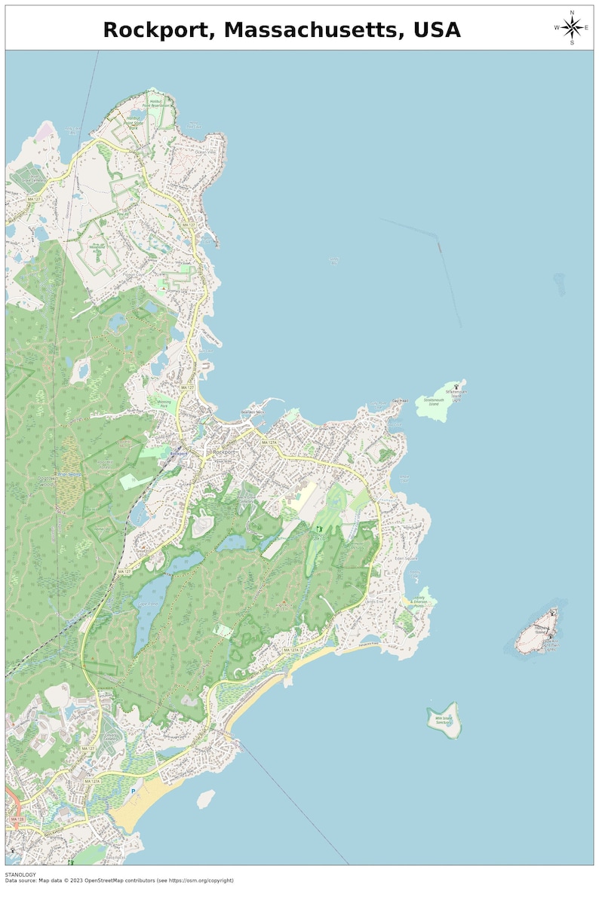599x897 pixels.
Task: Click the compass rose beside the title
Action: click(572, 28)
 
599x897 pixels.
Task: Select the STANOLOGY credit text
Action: click(20, 874)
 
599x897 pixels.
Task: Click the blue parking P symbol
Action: click(134, 791)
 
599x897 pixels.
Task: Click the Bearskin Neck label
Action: click(252, 412)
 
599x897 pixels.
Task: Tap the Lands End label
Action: click(375, 601)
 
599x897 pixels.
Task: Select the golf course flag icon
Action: click(319, 529)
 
